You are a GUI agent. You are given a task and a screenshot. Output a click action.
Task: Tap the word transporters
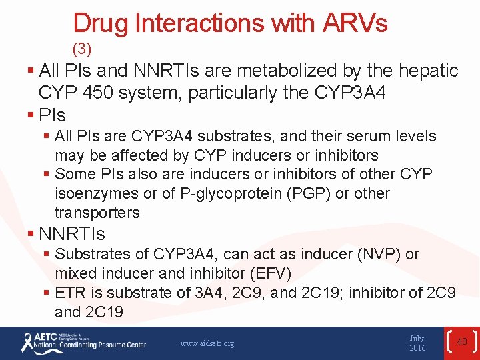(97, 213)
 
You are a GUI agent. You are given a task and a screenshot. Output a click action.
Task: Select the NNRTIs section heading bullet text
(72, 234)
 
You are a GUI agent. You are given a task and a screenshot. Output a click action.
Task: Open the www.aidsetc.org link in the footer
(207, 343)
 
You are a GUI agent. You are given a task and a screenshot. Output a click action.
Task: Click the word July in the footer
(417, 339)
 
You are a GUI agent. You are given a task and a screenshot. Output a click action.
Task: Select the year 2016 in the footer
(417, 349)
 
